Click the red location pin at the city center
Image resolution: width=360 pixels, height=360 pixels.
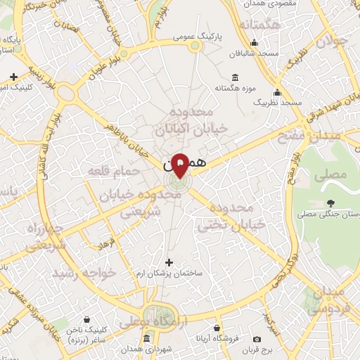pos(180,164)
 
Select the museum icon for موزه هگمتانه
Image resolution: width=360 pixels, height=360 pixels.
pos(234,77)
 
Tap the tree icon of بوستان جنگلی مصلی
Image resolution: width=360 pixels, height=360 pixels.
pos(330,204)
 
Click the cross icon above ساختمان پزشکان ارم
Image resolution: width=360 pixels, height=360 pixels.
pos(169,262)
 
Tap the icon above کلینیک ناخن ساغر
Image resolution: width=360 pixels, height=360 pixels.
pos(86,319)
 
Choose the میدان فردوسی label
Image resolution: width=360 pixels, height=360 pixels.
pos(326,299)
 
